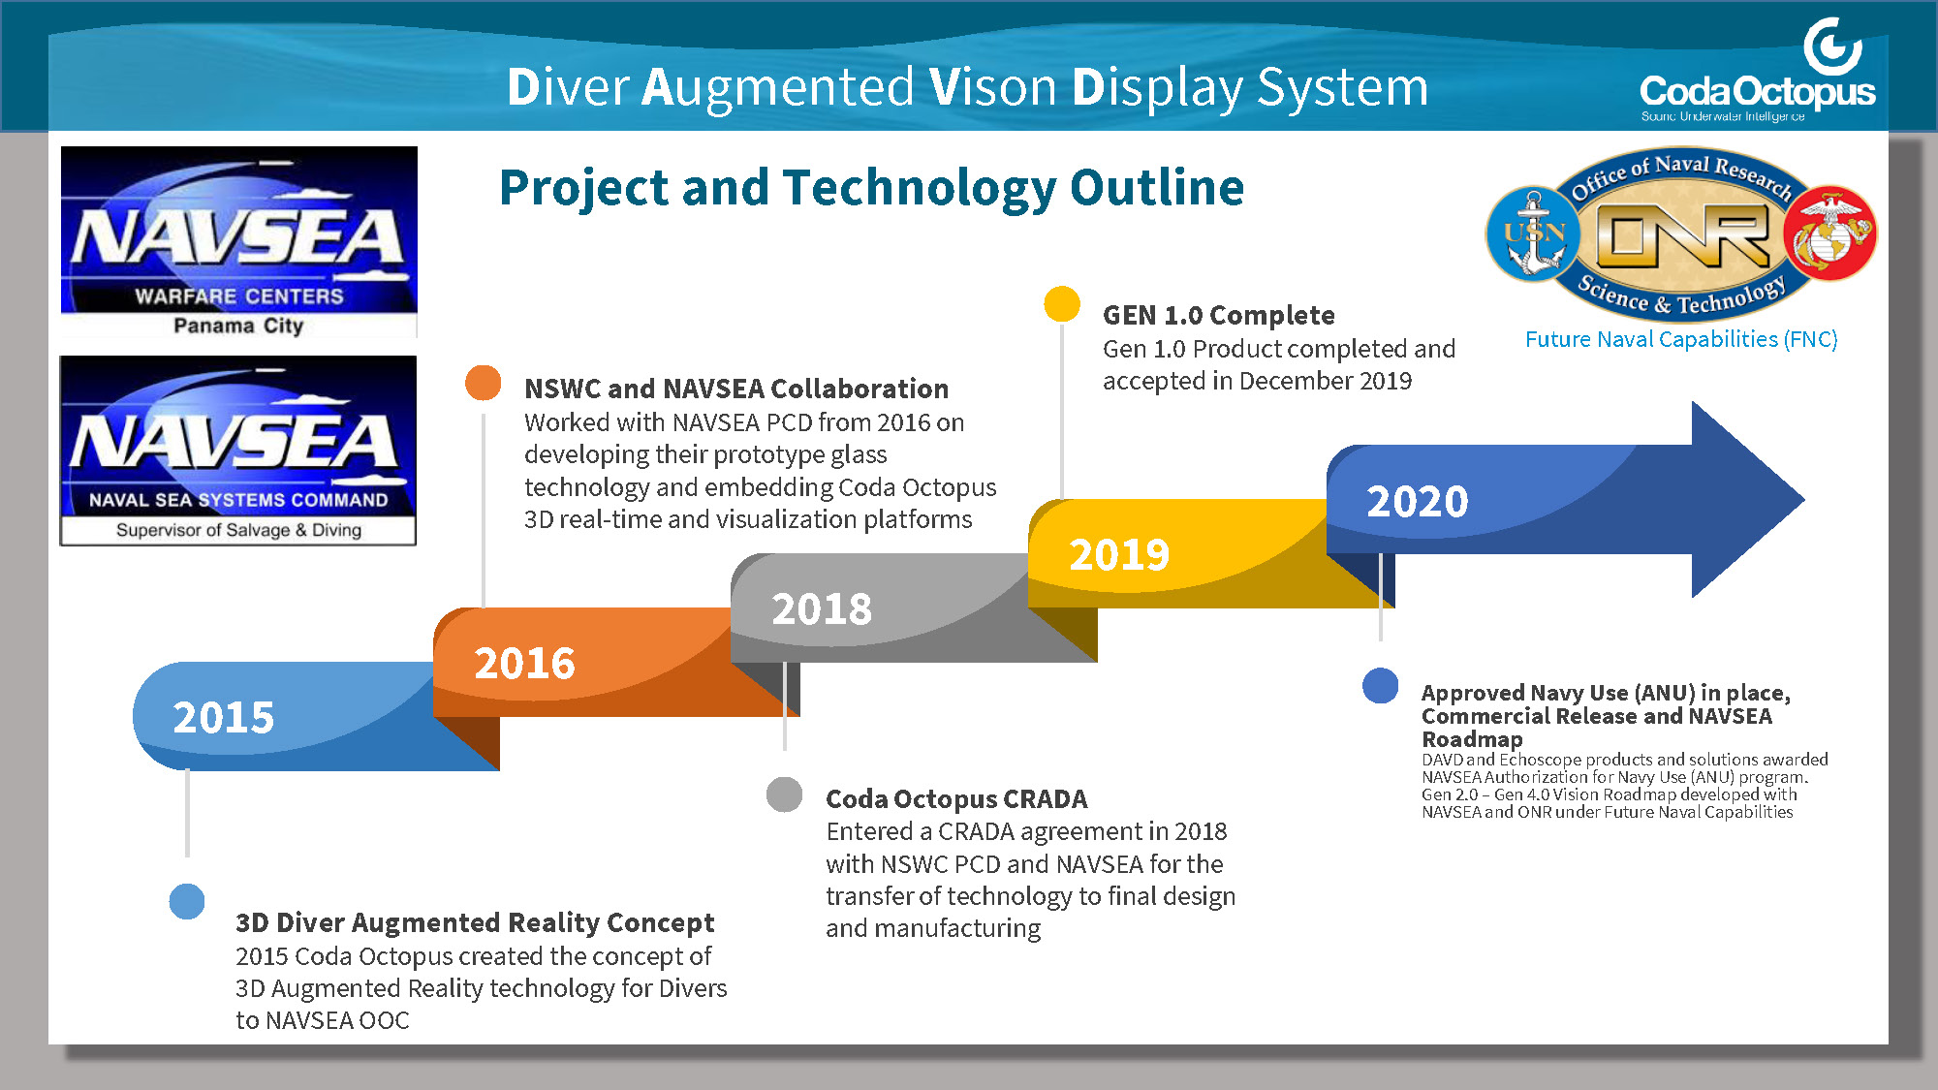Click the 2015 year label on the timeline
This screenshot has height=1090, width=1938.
pos(224,718)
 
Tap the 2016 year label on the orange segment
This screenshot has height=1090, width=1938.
pos(524,664)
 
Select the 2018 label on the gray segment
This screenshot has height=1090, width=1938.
pos(822,609)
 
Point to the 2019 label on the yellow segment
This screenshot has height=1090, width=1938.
pos(1119,555)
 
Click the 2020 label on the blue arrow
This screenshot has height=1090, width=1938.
pos(1418,502)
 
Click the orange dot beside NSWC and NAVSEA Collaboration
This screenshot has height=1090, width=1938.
pos(483,383)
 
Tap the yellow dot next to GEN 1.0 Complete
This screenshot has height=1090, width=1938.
pos(1062,303)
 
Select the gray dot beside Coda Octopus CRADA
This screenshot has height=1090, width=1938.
pos(784,794)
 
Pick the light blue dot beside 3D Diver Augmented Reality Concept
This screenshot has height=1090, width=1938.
pos(187,901)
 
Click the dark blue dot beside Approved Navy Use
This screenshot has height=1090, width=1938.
pos(1380,686)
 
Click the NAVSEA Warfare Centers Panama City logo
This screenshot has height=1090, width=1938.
pos(238,242)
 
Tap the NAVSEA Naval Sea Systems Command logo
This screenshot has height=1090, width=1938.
pos(238,451)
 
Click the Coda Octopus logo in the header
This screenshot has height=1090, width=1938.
pos(1757,71)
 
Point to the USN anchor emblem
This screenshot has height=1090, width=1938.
pos(1533,234)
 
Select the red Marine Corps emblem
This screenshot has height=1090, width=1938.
pos(1829,234)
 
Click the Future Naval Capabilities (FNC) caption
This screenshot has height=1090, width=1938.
pos(1681,339)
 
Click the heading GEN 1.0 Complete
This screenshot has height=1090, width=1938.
pos(1218,315)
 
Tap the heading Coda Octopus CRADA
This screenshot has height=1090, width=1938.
pos(956,798)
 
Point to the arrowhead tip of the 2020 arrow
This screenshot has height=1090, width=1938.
pos(1803,500)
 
